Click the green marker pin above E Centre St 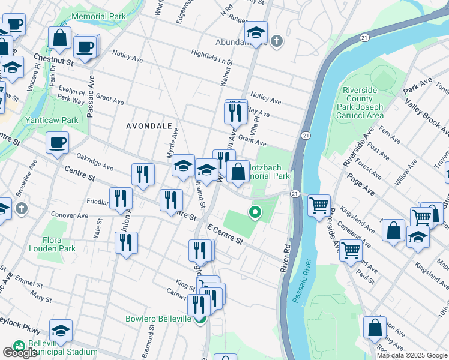[255, 212]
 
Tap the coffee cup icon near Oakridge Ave [58, 143]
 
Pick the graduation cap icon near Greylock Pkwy [61, 331]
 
